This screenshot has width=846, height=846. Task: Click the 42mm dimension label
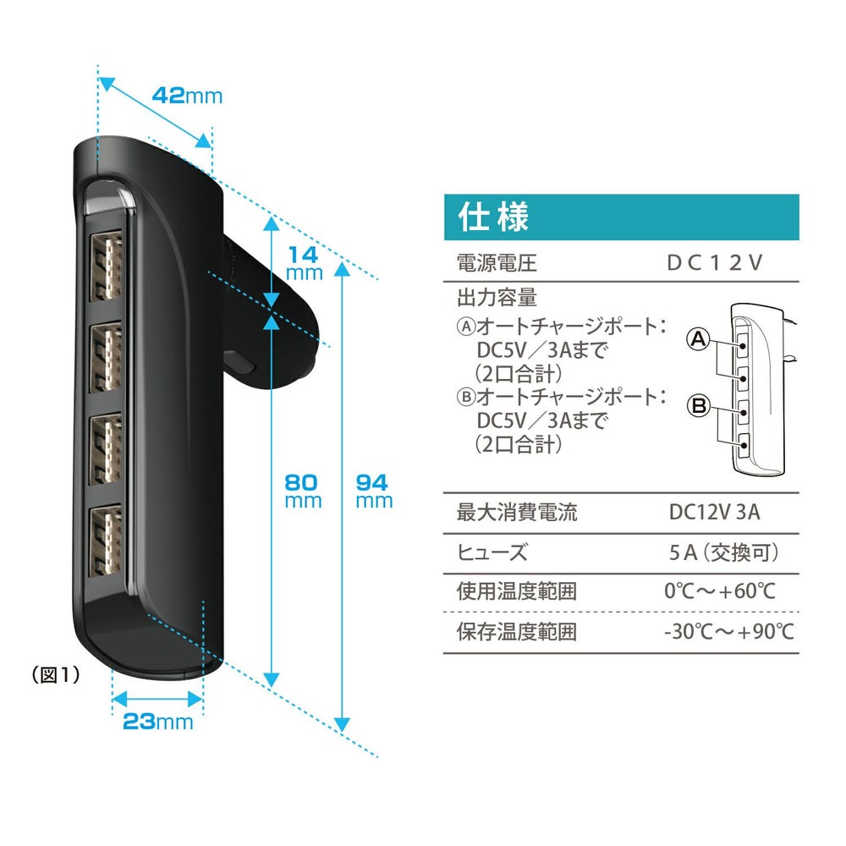187,95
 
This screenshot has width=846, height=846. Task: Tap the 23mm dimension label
157,722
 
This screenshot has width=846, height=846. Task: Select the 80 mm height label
303,491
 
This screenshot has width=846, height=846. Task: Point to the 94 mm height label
373,491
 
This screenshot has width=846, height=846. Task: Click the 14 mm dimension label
304,263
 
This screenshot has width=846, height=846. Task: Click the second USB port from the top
107,356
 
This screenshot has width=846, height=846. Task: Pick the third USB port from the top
107,448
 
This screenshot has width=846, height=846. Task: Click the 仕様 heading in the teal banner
493,217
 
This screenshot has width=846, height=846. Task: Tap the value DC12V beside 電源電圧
715,262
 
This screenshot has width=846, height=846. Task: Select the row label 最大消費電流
516,512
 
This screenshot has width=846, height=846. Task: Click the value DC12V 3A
715,512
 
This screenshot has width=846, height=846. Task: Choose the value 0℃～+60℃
720,591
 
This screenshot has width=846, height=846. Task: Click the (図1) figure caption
54,674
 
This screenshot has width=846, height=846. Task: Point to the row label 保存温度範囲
516,632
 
